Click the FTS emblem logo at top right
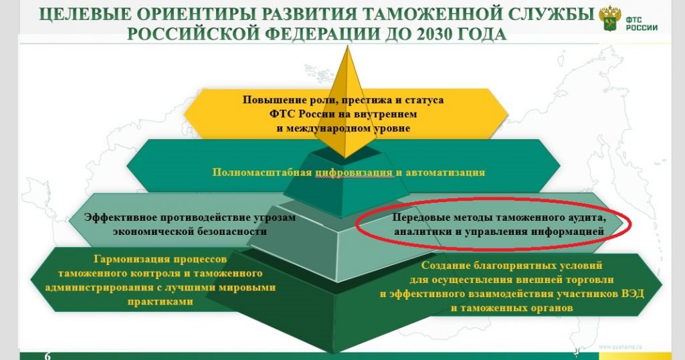[x=609, y=18]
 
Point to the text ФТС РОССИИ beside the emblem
[x=642, y=23]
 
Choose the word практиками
[x=161, y=302]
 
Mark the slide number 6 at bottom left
[x=47, y=356]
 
